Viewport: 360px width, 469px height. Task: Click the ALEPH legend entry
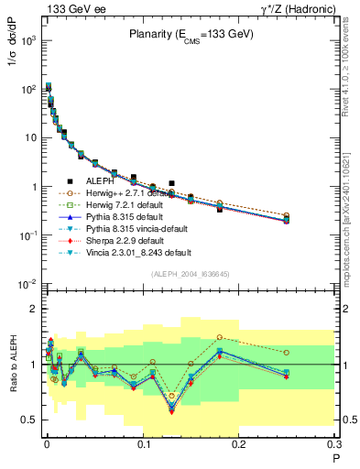102,181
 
